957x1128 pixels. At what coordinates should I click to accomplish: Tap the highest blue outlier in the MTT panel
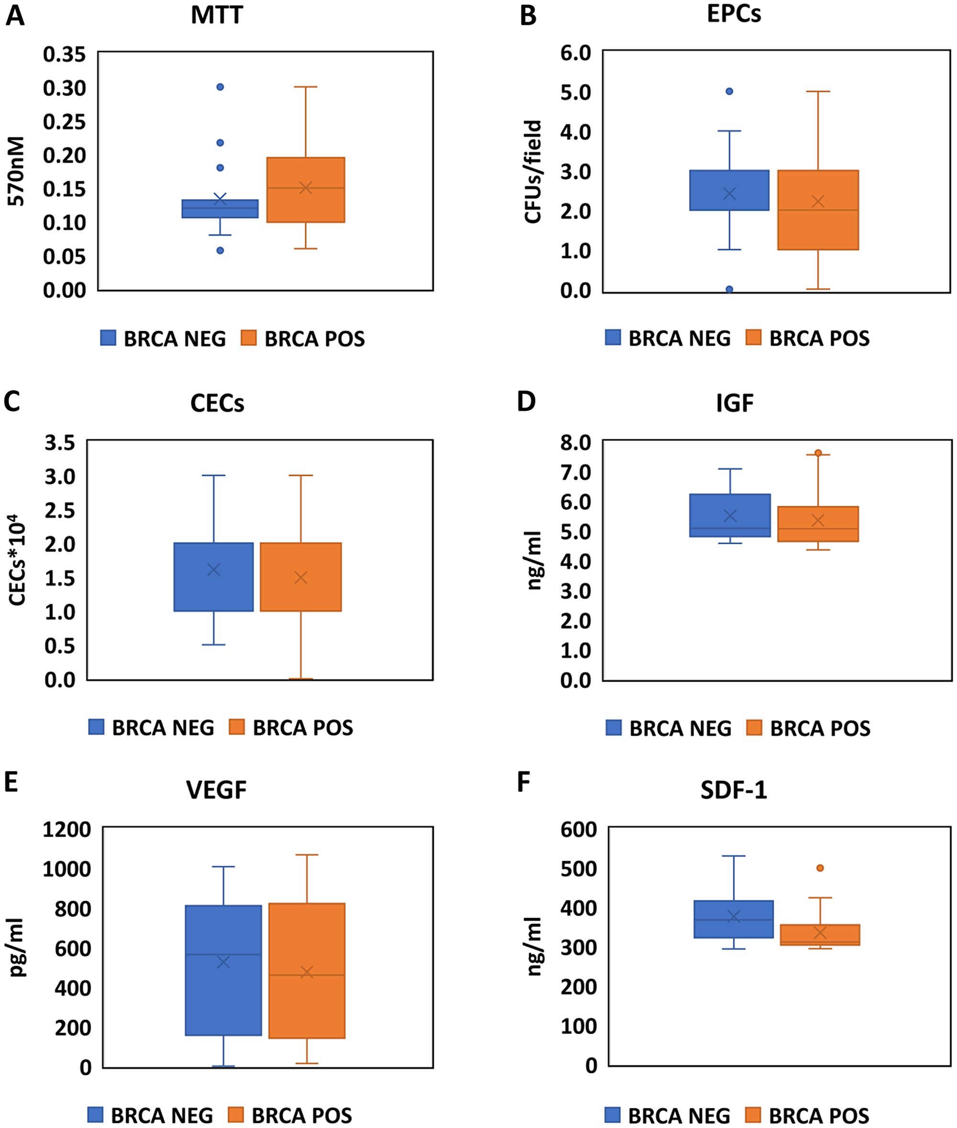tap(220, 87)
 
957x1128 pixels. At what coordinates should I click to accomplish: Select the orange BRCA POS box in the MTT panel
tap(305, 190)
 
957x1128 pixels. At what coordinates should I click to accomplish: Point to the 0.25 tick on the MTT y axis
tap(64, 122)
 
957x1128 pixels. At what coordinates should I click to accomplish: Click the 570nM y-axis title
tap(16, 171)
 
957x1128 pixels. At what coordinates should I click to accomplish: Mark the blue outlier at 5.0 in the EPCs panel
tap(729, 91)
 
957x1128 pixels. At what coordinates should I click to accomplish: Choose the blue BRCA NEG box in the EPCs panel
tap(729, 190)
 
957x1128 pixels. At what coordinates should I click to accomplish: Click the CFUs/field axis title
tap(533, 171)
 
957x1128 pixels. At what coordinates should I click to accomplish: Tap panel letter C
tap(12, 402)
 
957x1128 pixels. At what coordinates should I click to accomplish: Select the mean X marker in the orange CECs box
tap(300, 578)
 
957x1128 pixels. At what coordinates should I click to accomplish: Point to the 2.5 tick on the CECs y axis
tap(60, 510)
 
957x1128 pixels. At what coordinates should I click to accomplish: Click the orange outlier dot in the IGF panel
tap(818, 453)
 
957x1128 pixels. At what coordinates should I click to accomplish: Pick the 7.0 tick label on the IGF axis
tap(576, 472)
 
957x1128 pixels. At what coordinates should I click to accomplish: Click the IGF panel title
tap(734, 403)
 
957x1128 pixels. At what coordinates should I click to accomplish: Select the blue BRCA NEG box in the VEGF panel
tap(223, 970)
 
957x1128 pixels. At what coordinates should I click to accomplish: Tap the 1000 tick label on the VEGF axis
tap(66, 869)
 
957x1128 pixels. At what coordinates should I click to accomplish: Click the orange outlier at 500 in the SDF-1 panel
tap(820, 868)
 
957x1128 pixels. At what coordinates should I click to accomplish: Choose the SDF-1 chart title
tap(734, 791)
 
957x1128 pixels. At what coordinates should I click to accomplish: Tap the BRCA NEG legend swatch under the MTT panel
tap(108, 337)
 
